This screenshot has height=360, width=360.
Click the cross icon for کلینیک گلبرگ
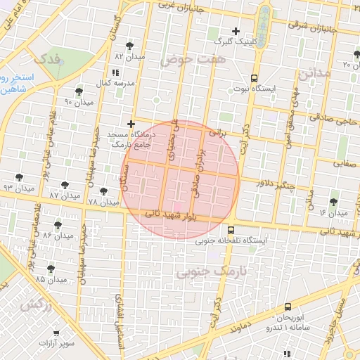click(236, 31)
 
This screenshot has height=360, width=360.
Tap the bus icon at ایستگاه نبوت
click(253, 79)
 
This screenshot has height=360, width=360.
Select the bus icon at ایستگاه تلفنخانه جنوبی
click(231, 230)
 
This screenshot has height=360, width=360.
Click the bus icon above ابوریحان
click(288, 307)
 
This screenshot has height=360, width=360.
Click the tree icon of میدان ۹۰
click(78, 91)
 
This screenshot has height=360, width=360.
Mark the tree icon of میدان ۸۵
click(51, 268)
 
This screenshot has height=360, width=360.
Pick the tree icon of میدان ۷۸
click(103, 191)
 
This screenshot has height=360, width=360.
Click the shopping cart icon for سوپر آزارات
click(56, 333)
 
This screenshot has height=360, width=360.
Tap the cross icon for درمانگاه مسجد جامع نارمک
click(131, 124)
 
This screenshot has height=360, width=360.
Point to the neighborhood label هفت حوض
click(186, 60)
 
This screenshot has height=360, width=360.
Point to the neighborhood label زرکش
click(32, 306)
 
